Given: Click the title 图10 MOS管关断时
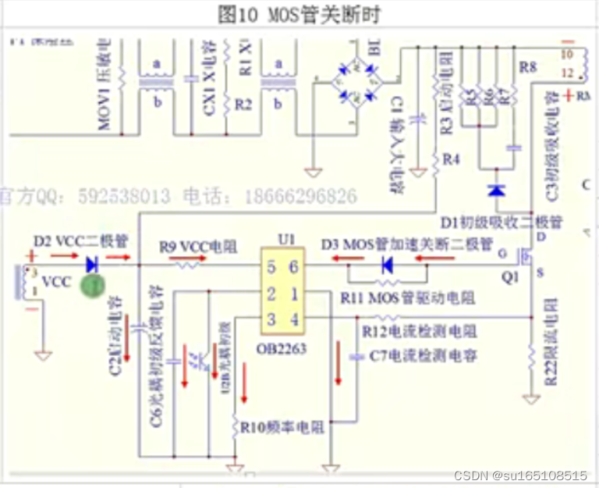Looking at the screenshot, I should coord(300,14).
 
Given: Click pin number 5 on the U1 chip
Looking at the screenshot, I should coord(271,267).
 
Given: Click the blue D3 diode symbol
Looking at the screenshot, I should coord(386,266).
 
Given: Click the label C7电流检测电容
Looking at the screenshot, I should coord(424,357).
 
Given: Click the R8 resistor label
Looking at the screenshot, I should coord(528,68).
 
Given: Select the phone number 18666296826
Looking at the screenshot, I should coord(302,196).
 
